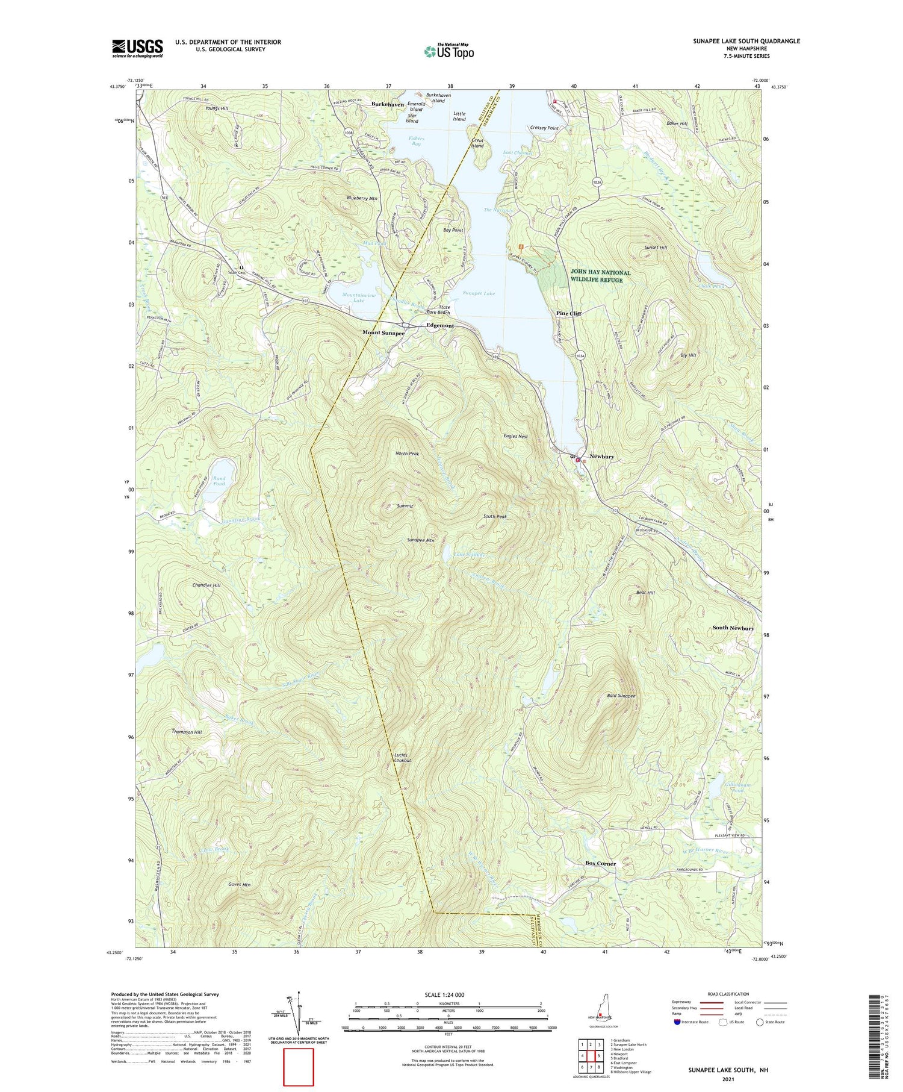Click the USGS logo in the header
137,48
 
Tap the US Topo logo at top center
449,51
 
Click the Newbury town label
601,457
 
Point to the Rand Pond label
219,481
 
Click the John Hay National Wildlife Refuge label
600,276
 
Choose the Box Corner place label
600,863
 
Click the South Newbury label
733,628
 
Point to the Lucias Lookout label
402,758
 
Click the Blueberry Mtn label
362,198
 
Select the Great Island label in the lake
477,143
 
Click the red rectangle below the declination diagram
299,1067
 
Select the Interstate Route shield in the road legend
677,1022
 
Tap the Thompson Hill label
187,732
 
